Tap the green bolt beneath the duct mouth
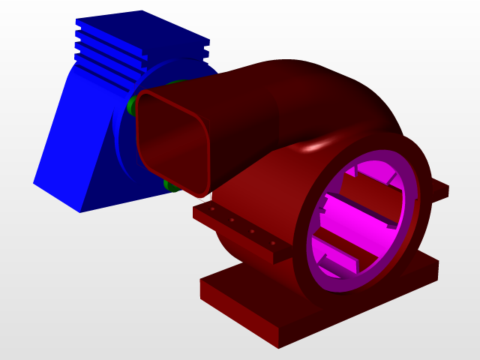click(x=170, y=184)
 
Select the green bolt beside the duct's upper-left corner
click(x=133, y=103)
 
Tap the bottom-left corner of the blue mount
click(x=34, y=181)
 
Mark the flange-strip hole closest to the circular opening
click(x=273, y=243)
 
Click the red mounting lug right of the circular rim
click(x=439, y=189)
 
